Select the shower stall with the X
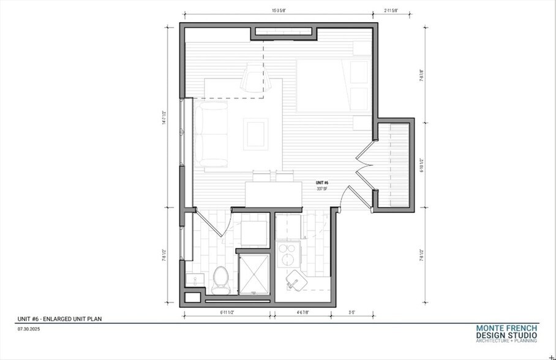click(253, 274)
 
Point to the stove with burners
click(288, 254)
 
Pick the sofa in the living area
click(211, 133)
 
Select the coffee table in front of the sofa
click(255, 133)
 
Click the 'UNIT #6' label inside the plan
click(322, 183)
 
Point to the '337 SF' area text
click(322, 189)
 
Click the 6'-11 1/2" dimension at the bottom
click(227, 313)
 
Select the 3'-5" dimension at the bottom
click(353, 313)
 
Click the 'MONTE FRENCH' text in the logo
click(506, 328)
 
